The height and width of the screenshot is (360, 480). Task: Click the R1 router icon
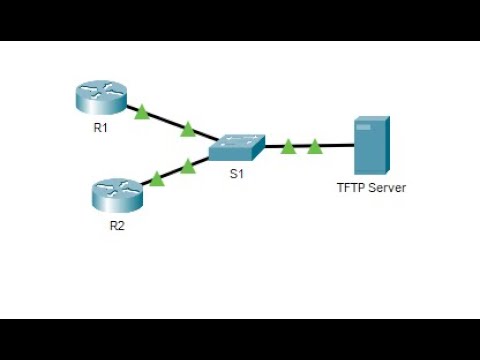click(x=101, y=97)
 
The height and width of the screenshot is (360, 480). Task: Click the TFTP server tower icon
click(x=370, y=145)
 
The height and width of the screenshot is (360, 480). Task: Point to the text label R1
click(x=101, y=127)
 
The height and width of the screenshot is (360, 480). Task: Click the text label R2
click(x=117, y=225)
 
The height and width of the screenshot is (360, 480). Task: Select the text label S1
click(x=237, y=175)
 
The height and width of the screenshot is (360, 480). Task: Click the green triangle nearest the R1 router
click(x=142, y=113)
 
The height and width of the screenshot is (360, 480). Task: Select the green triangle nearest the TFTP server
click(x=315, y=147)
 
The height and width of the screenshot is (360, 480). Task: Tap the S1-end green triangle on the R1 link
click(x=187, y=128)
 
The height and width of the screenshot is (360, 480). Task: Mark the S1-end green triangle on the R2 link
click(x=188, y=166)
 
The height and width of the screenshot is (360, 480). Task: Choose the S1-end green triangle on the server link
click(x=288, y=147)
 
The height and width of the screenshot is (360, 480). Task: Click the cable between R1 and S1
click(x=165, y=121)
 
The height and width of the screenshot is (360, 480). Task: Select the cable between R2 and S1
click(x=172, y=172)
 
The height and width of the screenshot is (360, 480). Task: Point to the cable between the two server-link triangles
click(x=302, y=147)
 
